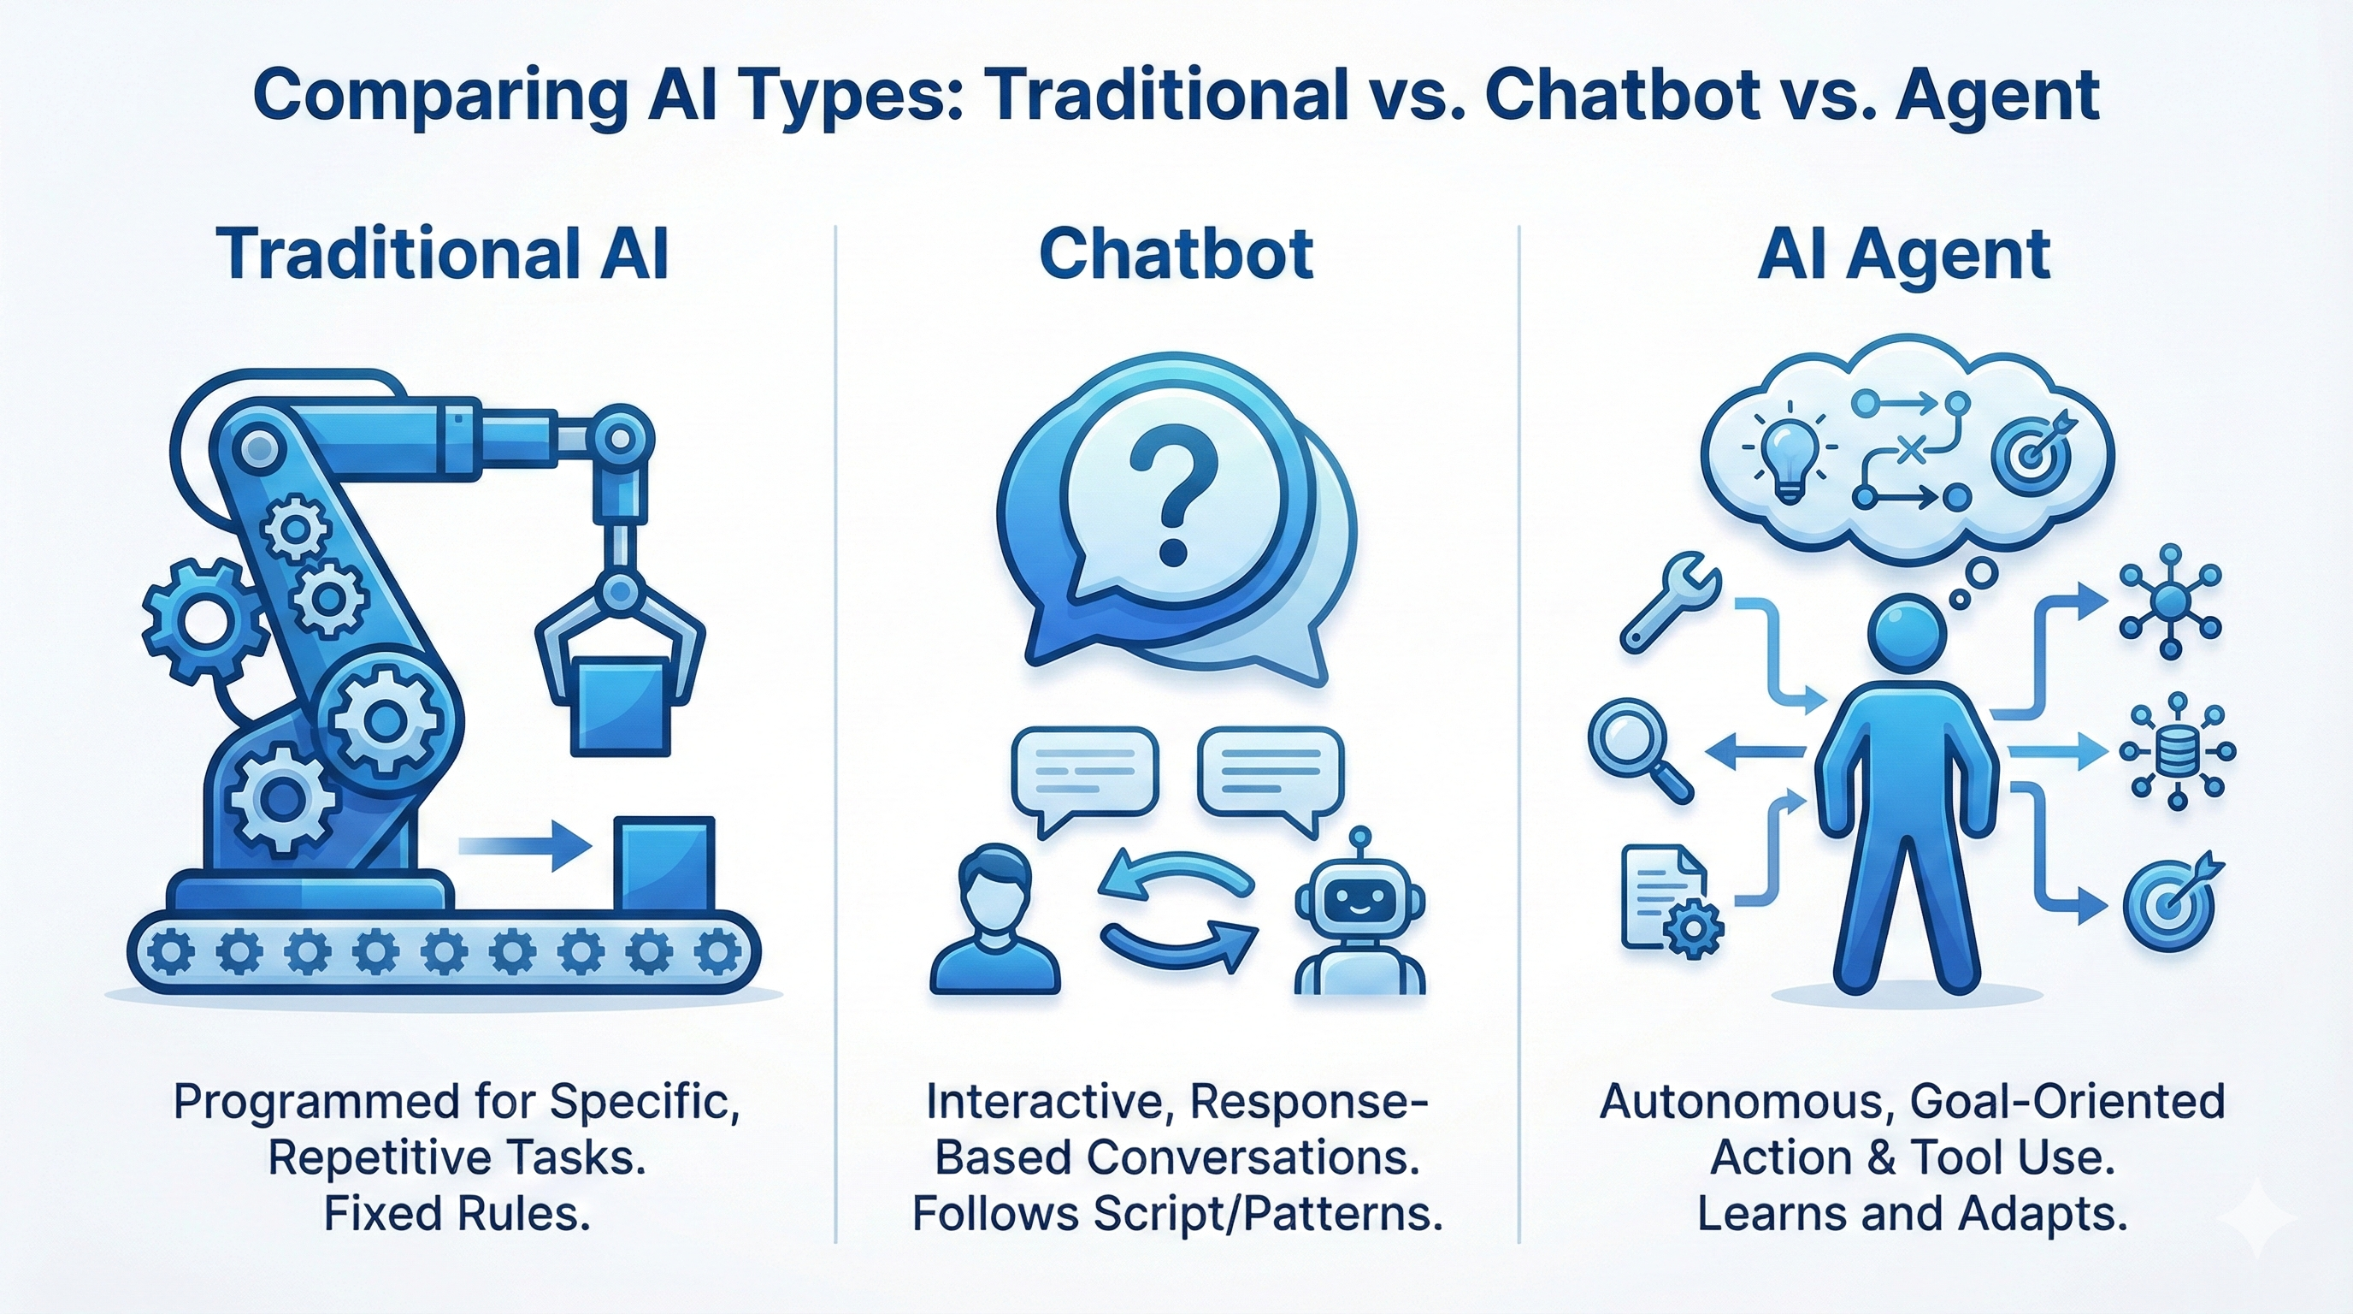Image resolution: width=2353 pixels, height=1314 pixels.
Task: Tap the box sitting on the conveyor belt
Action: [x=664, y=863]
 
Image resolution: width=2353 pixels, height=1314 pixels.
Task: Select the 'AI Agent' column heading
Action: [x=1903, y=253]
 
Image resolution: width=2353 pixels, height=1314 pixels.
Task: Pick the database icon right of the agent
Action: [x=2178, y=754]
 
